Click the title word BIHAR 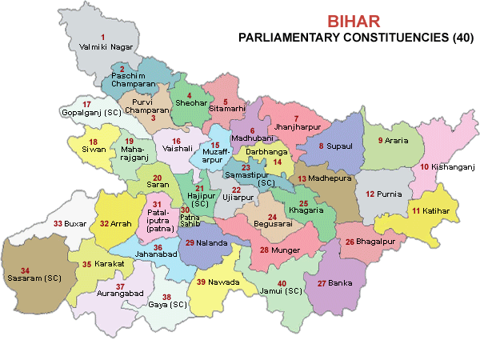350,22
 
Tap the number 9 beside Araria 381,141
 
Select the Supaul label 340,146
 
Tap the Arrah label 120,224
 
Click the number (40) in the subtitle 462,38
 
